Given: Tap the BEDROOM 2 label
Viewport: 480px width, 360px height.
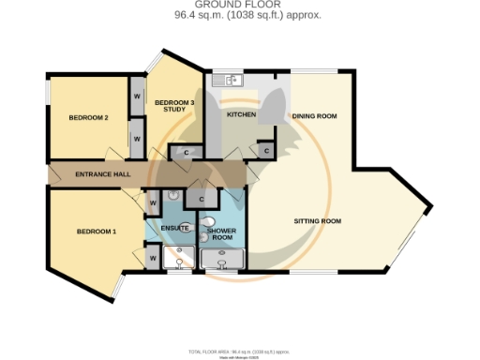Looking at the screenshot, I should [89, 118].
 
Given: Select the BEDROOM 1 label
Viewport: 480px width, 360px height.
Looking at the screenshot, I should [97, 232].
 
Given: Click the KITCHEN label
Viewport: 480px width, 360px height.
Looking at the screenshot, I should [242, 114].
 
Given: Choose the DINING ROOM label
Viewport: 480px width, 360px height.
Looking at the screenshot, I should [314, 116].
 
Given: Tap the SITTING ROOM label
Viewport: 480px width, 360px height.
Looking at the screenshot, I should [318, 221].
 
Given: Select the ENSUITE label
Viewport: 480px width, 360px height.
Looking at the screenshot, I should [175, 228].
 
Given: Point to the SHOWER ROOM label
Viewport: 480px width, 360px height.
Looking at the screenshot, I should [221, 234].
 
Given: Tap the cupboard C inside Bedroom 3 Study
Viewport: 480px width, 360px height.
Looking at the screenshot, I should [186, 153].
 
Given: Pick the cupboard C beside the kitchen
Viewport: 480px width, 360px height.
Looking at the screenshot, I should [265, 150].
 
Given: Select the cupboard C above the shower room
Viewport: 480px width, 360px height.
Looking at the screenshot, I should [200, 198].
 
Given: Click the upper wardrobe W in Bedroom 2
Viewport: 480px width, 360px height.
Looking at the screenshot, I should [136, 97].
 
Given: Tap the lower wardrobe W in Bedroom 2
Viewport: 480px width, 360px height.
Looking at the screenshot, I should [136, 139].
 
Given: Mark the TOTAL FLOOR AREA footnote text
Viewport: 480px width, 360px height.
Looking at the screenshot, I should [239, 351].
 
